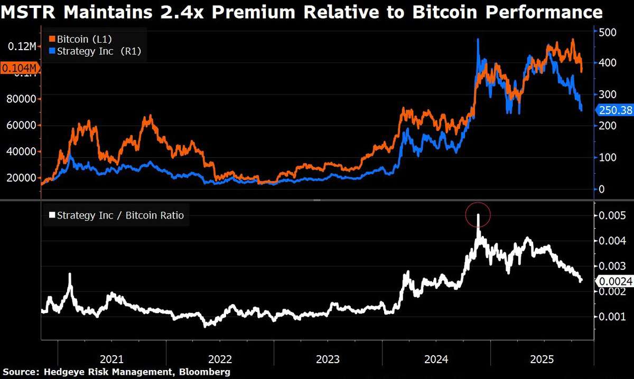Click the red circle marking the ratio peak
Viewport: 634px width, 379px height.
478,214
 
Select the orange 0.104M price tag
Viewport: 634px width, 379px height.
20,68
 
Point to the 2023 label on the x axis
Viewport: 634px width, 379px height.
328,359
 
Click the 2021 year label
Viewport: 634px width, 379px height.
111,359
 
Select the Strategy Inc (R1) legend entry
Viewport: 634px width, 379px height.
95,51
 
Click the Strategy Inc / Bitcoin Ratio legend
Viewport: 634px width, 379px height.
116,215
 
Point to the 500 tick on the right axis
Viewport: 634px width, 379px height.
608,32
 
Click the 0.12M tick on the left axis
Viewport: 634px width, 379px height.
22,46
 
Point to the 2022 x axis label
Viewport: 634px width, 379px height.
220,359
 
